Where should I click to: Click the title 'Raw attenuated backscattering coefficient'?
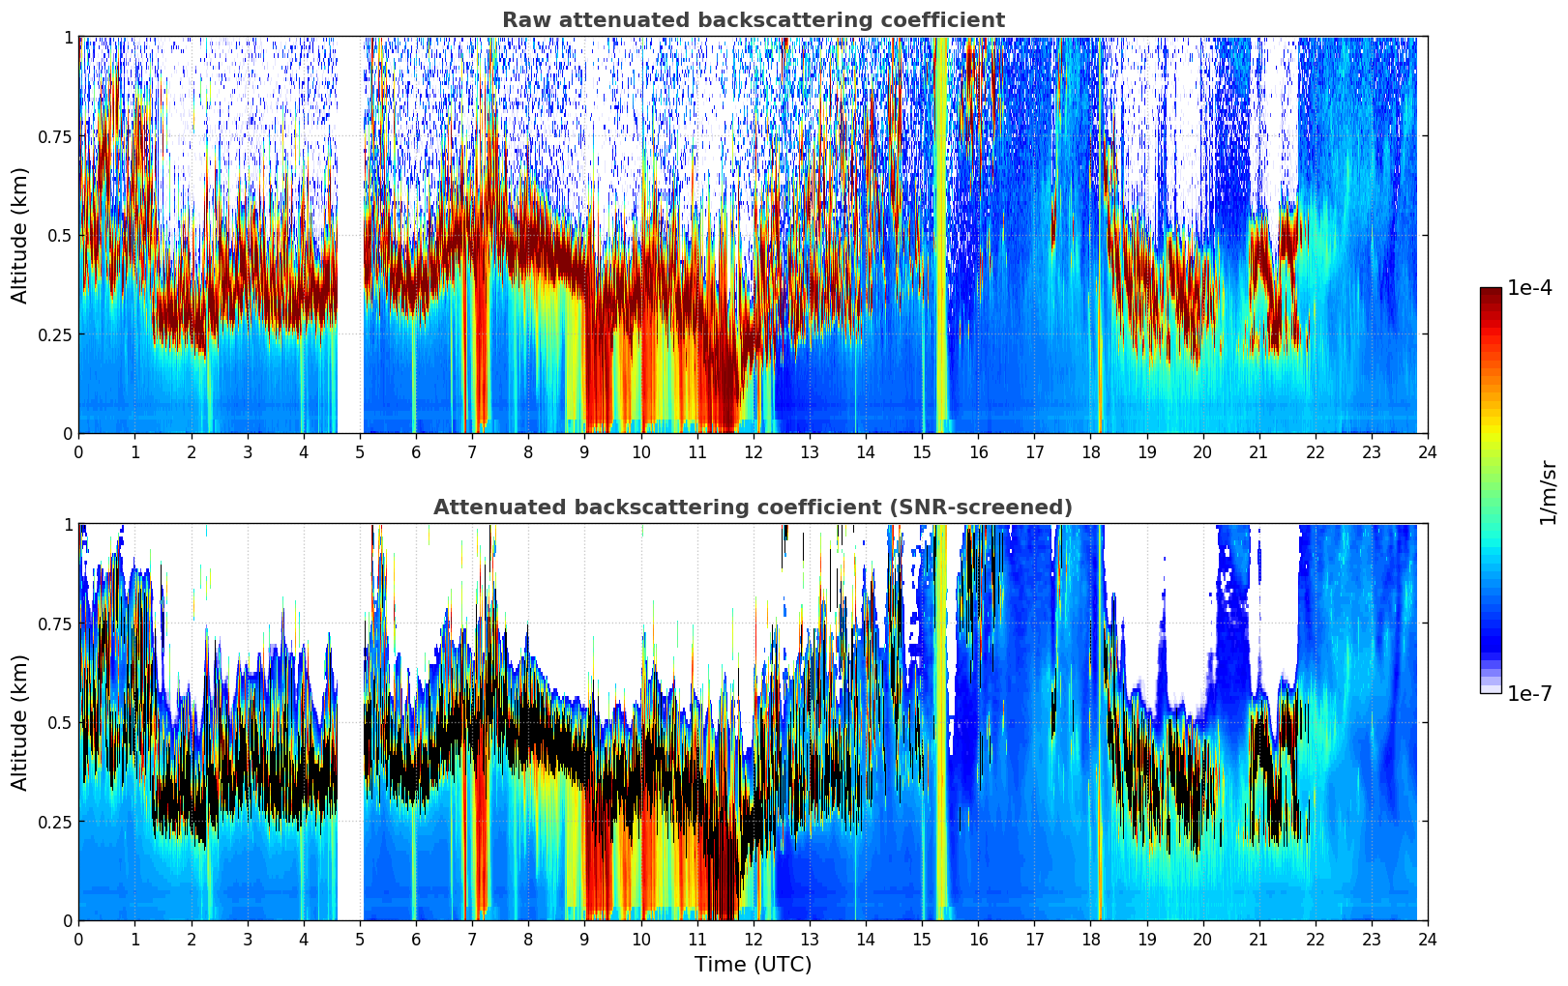753,20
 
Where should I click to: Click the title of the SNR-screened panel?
753,507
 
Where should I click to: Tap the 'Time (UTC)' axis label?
753,965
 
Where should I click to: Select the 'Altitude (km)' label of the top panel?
20,235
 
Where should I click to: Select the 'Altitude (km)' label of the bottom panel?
20,722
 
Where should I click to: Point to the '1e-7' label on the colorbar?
1529,693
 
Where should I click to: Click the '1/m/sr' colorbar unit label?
1548,492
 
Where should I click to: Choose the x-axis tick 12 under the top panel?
753,451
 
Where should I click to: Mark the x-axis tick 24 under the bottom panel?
1427,939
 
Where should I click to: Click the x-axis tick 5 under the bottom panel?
360,939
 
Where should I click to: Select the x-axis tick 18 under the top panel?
1090,451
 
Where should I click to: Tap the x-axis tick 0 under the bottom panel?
78,939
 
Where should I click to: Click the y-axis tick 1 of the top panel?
68,38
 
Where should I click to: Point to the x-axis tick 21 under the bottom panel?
1258,939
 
